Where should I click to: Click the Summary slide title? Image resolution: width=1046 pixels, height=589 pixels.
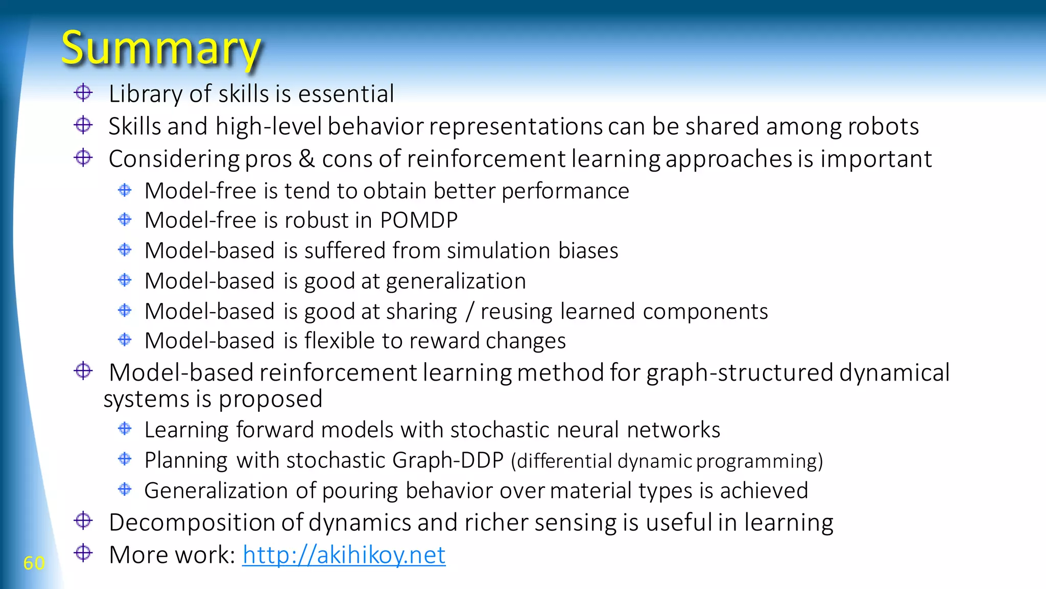[x=161, y=49]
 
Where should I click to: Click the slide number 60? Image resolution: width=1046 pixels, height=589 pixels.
[x=34, y=563]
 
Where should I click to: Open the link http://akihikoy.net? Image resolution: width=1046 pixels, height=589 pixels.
[x=344, y=555]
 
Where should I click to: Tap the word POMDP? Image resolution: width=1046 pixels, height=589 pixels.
[x=419, y=220]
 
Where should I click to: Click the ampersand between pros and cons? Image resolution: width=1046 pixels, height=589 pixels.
[x=306, y=158]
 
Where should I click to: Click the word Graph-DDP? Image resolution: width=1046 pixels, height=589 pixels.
[x=448, y=460]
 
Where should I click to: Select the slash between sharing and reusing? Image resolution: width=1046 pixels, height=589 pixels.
[x=469, y=312]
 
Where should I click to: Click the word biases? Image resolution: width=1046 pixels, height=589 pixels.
[x=588, y=251]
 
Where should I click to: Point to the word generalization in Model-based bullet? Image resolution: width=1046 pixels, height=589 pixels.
[x=456, y=281]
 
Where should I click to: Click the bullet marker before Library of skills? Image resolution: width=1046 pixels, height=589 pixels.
[x=83, y=93]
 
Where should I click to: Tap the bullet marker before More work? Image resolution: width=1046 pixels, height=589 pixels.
[x=83, y=553]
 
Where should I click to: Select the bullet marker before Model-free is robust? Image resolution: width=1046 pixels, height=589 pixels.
[x=125, y=220]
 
